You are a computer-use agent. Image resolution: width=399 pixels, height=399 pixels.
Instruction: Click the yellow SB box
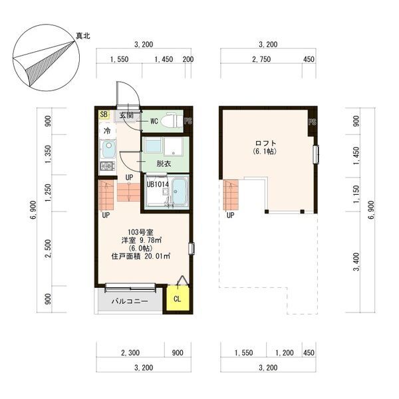tap(104, 114)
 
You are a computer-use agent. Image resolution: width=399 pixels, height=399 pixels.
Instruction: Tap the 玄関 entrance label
tap(126, 115)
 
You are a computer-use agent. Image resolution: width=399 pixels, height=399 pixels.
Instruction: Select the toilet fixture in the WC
tap(172, 120)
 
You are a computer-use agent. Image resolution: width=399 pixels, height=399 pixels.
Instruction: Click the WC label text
tap(154, 122)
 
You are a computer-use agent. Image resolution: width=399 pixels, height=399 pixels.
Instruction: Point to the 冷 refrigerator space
tap(107, 131)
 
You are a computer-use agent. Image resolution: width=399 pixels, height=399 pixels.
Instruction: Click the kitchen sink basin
tap(108, 148)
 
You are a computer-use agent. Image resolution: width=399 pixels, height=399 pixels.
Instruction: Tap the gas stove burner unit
tap(107, 166)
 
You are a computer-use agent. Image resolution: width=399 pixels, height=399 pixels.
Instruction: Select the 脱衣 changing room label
tap(164, 164)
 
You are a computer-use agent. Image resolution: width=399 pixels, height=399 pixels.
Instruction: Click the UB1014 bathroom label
tap(158, 184)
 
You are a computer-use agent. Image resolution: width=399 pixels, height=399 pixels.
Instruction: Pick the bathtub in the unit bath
tap(180, 192)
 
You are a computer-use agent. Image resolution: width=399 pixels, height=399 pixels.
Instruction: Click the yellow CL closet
tap(178, 299)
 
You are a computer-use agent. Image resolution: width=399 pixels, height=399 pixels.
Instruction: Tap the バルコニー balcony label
tap(130, 301)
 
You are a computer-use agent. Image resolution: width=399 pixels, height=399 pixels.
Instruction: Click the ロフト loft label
tap(266, 143)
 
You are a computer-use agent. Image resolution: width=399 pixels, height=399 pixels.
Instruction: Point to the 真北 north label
tap(83, 36)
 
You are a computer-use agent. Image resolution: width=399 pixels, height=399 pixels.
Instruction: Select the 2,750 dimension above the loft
tap(261, 59)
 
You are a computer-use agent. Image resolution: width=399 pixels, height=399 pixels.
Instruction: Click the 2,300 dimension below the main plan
tap(130, 352)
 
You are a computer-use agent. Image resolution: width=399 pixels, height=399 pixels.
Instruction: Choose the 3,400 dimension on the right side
tap(356, 261)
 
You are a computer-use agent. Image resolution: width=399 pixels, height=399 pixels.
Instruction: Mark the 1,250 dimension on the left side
tap(48, 193)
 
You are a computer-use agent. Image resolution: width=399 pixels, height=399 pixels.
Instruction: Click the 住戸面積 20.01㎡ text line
tap(141, 256)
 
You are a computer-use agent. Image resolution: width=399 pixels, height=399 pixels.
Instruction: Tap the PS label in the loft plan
tap(313, 122)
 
